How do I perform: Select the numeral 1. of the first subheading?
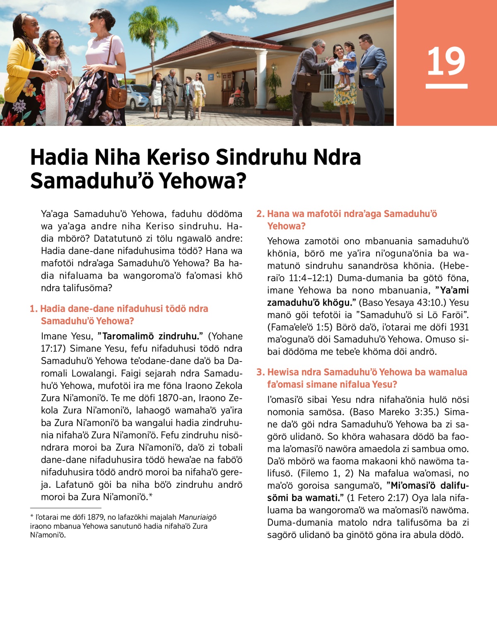tap(34, 309)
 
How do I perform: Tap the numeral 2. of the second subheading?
tap(260, 214)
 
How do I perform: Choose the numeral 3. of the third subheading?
tap(260, 372)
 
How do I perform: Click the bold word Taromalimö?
tap(128, 336)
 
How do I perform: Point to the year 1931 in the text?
tap(459, 327)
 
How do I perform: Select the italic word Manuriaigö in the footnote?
tap(197, 517)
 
